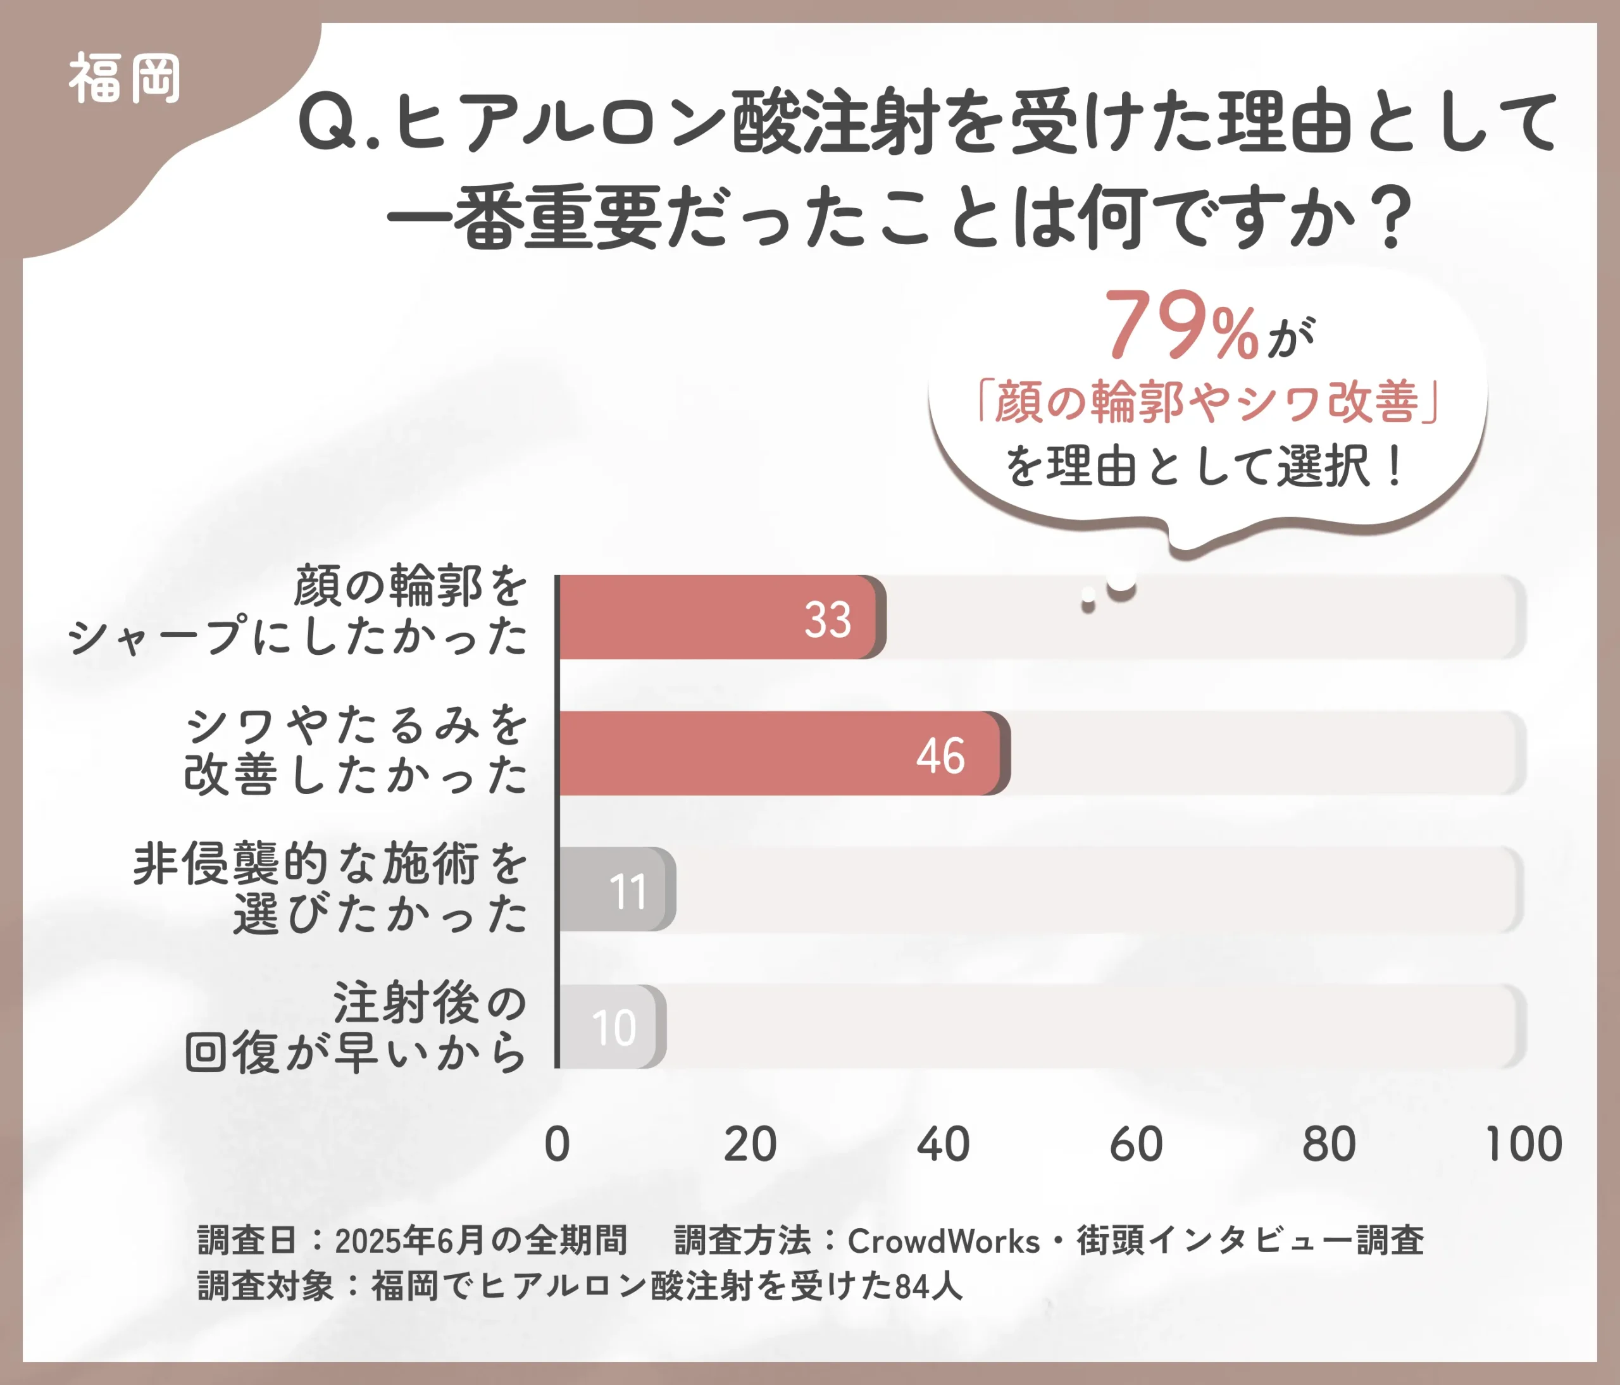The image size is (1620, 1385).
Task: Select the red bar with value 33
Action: point(720,618)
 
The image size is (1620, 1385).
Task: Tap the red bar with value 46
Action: point(782,754)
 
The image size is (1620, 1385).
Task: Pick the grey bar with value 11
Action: point(614,890)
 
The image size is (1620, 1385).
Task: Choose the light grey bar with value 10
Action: point(610,1026)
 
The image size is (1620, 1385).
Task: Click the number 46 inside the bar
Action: point(940,756)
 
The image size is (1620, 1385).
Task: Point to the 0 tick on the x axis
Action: point(558,1145)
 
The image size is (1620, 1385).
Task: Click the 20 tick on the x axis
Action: point(750,1145)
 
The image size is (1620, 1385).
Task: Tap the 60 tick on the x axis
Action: point(1136,1145)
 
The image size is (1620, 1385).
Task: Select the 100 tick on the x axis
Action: point(1523,1145)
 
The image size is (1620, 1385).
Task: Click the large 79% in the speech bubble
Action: point(1181,326)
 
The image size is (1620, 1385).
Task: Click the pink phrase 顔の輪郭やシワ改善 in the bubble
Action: point(1208,402)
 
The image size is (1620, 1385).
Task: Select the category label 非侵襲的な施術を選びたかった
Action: point(332,890)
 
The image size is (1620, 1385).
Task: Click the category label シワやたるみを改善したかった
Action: point(356,750)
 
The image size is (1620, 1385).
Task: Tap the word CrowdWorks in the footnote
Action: point(944,1241)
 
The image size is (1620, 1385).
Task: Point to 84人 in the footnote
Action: point(928,1286)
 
